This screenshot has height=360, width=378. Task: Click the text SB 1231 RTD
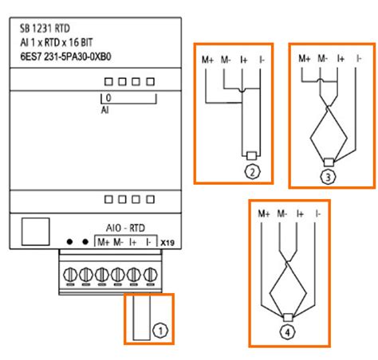[45, 29]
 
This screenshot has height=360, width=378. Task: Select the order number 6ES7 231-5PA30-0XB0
[65, 57]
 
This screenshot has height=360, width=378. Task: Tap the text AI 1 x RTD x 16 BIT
[57, 42]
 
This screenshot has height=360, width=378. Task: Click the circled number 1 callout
[160, 331]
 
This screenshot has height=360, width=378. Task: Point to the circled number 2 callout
[252, 172]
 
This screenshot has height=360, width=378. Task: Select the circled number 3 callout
[328, 177]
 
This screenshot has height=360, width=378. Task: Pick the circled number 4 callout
[288, 332]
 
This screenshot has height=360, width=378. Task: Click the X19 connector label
[167, 243]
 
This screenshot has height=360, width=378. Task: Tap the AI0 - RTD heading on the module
[125, 228]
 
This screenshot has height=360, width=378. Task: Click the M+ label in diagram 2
[207, 60]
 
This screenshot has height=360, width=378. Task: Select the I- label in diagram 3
[359, 58]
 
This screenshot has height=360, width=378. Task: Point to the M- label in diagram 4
[282, 213]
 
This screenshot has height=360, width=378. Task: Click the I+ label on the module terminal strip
[132, 242]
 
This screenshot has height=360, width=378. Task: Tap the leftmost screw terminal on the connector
[70, 274]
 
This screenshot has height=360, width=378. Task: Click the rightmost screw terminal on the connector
[151, 274]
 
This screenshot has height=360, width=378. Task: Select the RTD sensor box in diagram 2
[251, 155]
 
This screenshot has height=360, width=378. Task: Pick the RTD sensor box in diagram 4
[288, 317]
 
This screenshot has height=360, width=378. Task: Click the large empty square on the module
[36, 232]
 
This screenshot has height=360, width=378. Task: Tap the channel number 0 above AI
[108, 98]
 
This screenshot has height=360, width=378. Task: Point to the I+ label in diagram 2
[244, 60]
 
